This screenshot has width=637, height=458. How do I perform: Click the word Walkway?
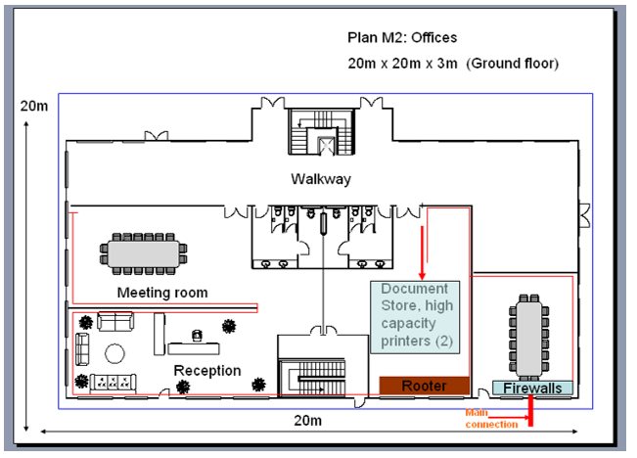[x=320, y=179]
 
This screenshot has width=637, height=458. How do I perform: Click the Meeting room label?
[x=162, y=293]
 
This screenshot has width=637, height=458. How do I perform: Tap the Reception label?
[x=206, y=370]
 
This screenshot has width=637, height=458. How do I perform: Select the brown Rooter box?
[x=424, y=386]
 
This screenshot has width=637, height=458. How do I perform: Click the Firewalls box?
[x=532, y=389]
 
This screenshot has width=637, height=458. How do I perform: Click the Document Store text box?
[x=414, y=315]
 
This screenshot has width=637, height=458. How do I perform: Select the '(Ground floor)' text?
[x=512, y=63]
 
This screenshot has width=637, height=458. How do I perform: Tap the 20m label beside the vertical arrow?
[x=32, y=105]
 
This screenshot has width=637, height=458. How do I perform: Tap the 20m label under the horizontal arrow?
[x=307, y=421]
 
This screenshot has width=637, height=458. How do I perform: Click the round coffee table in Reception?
[x=115, y=353]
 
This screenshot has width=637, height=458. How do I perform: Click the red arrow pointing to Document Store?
[x=422, y=252]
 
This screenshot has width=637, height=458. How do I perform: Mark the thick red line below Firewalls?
[x=530, y=411]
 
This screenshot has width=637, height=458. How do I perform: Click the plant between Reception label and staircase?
[x=259, y=384]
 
